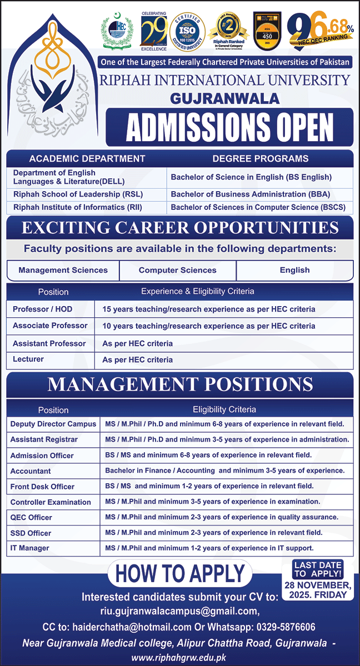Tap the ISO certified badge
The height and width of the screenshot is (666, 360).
187,31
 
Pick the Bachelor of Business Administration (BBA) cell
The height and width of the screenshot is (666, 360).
250,194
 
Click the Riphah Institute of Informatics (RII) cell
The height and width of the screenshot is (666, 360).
69,207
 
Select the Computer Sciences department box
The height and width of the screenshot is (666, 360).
177,270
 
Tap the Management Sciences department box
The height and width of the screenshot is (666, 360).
63,270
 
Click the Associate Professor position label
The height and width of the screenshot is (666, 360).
50,326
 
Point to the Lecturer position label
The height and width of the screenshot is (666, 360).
28,359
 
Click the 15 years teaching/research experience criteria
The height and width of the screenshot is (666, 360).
209,309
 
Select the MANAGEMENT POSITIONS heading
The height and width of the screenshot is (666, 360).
180,384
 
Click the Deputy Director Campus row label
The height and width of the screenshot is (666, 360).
53,424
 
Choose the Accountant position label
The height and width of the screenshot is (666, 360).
31,470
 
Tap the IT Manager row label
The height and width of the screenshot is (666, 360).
29,548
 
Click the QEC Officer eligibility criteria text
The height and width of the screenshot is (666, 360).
222,517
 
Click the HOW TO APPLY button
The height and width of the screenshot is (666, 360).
180,573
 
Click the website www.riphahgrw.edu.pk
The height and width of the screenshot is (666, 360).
179,658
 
